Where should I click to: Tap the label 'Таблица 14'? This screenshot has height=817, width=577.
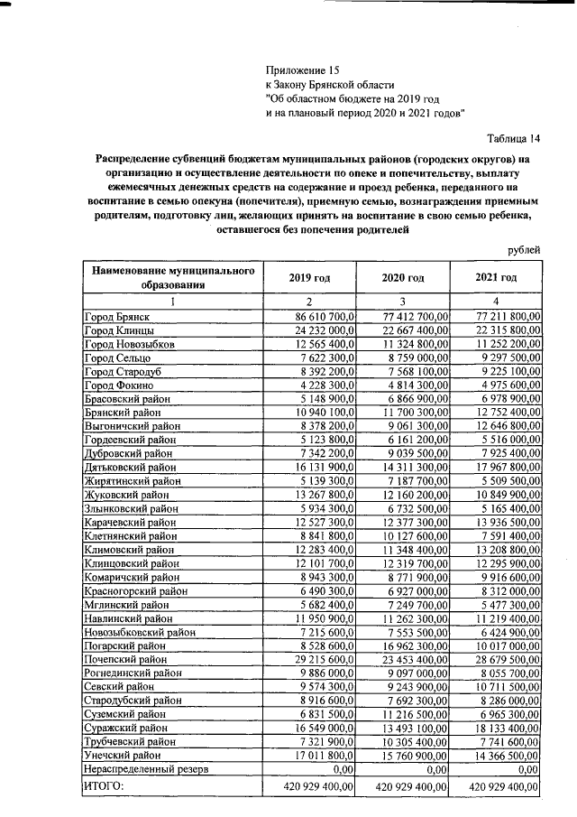[x=513, y=138]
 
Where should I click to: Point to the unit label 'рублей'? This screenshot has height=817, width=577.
[x=523, y=248]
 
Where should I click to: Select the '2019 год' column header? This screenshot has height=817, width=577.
[x=309, y=277]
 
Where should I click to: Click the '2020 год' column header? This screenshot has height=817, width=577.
[x=403, y=277]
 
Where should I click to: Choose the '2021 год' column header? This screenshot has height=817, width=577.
[x=496, y=277]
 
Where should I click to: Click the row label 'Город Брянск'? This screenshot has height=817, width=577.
[x=116, y=317]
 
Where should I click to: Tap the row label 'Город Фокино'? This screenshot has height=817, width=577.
[x=117, y=385]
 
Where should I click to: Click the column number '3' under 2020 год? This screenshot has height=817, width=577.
[x=403, y=300]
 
